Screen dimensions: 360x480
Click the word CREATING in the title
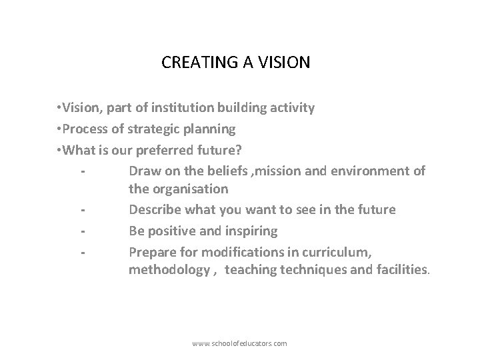pos(190,63)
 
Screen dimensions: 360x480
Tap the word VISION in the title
pos(287,63)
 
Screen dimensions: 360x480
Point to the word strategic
pos(143,128)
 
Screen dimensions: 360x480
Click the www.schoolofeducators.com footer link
pos(239,343)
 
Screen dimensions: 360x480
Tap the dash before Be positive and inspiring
pos(81,231)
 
